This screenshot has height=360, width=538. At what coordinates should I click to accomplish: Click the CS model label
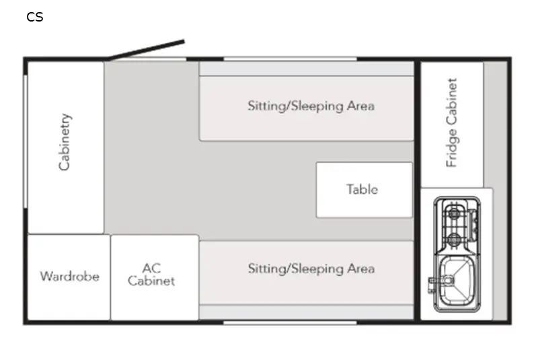coord(35,17)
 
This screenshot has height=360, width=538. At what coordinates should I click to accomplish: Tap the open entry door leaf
coord(146,50)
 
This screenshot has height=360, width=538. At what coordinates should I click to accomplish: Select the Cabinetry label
coord(65,142)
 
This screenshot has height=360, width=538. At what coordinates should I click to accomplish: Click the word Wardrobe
coord(70,277)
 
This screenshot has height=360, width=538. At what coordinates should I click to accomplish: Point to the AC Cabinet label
coord(151,275)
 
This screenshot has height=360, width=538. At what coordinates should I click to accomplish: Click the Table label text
coord(362,190)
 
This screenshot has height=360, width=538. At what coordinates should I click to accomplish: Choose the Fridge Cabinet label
coord(451,122)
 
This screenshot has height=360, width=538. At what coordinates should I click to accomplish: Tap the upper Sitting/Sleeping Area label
coord(311,106)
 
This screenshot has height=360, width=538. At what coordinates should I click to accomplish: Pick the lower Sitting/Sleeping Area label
coord(311,268)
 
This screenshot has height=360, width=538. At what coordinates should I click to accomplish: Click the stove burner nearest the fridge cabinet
coord(454,214)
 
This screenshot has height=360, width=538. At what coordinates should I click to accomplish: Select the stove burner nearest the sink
coord(454,238)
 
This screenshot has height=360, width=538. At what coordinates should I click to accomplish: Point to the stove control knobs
coord(474,225)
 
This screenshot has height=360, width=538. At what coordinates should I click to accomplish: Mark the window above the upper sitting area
coord(291,59)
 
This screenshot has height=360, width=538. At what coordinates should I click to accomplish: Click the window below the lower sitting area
coord(291,322)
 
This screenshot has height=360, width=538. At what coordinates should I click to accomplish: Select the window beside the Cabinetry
coord(26,141)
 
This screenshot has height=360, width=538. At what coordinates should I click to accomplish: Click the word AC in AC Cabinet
coord(151,268)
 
